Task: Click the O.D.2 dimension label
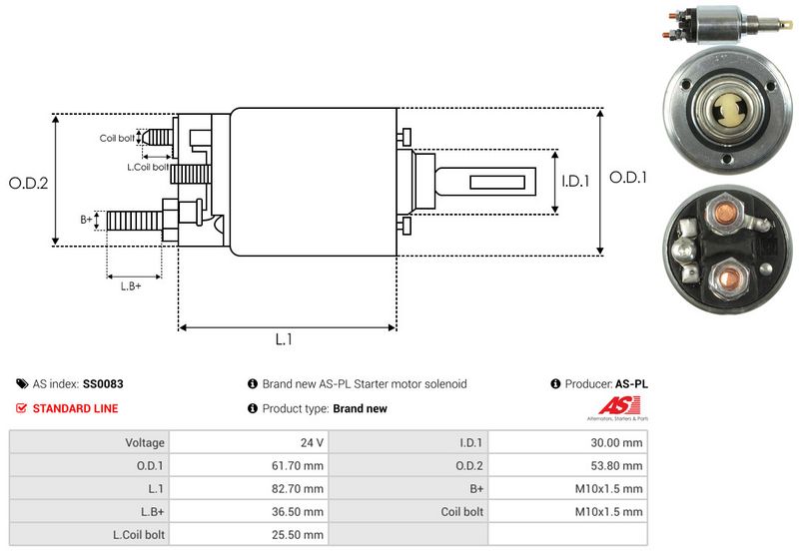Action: point(29,183)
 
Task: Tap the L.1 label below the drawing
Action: point(284,339)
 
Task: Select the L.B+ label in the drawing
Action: point(131,286)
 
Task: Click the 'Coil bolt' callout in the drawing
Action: point(117,139)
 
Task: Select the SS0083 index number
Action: point(104,383)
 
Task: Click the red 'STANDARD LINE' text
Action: point(75,408)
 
